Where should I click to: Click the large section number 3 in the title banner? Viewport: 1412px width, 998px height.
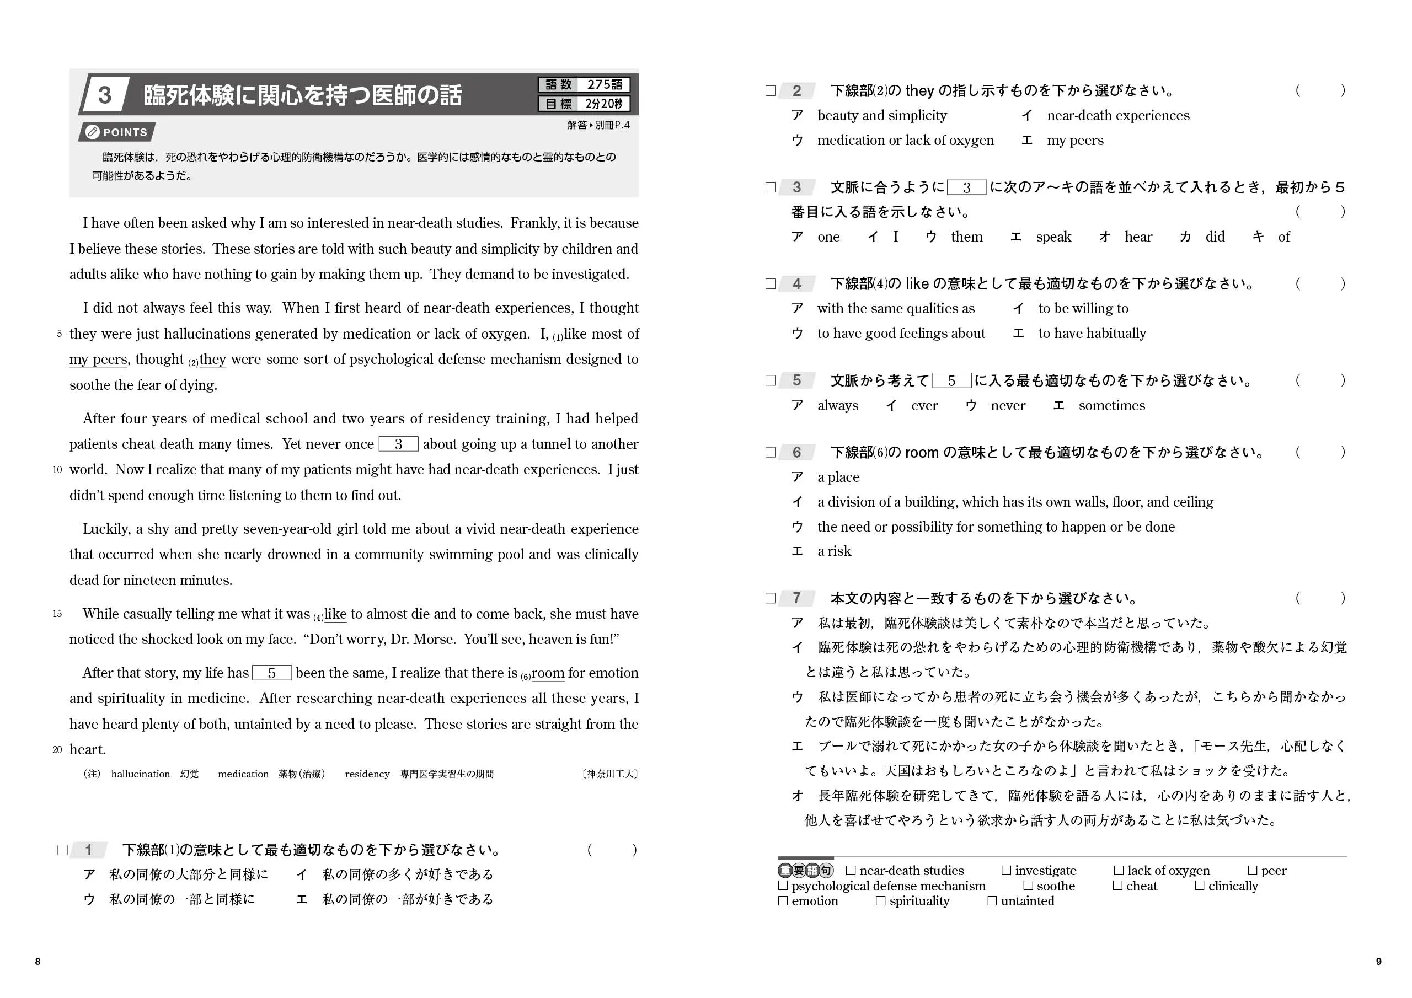105,95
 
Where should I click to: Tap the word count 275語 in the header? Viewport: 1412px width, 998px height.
605,84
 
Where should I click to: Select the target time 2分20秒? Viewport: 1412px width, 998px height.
603,104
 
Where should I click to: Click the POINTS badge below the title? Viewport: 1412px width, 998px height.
117,132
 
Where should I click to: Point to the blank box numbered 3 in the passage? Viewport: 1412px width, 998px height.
399,444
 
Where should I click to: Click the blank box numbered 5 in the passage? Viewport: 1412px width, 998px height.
271,673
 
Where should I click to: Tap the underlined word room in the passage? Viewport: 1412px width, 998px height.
547,673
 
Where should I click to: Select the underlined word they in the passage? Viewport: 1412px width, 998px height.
213,359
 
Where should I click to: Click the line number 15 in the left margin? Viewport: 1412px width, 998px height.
57,614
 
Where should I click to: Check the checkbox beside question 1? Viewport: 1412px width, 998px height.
62,850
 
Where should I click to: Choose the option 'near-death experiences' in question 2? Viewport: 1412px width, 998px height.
1117,116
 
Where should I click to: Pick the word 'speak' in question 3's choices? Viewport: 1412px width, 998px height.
1053,237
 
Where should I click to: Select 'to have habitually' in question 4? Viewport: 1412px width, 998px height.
1092,333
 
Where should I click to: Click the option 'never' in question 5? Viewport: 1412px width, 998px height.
1007,406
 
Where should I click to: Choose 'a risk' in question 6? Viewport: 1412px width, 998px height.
834,551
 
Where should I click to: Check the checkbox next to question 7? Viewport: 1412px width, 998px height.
771,598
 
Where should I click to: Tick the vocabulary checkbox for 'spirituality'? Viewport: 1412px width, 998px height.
881,901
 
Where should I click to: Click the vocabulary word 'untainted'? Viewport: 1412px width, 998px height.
1027,901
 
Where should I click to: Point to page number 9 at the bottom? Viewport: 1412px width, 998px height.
1378,961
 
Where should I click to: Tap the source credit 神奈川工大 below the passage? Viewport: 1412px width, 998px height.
609,774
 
